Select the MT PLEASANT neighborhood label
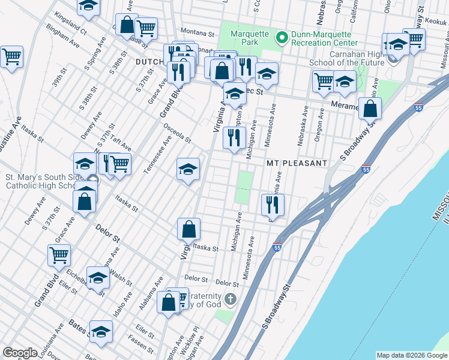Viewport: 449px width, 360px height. pyautogui.click(x=297, y=163)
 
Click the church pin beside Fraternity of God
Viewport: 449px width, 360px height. pyautogui.click(x=231, y=299)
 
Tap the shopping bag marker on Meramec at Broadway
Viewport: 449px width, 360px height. pyautogui.click(x=370, y=109)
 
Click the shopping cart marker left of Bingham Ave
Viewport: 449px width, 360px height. pyautogui.click(x=11, y=57)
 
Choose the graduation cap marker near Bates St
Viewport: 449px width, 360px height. pyautogui.click(x=101, y=331)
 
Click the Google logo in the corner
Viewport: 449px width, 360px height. pyautogui.click(x=20, y=353)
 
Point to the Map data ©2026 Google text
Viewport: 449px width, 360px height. pyautogui.click(x=412, y=355)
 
